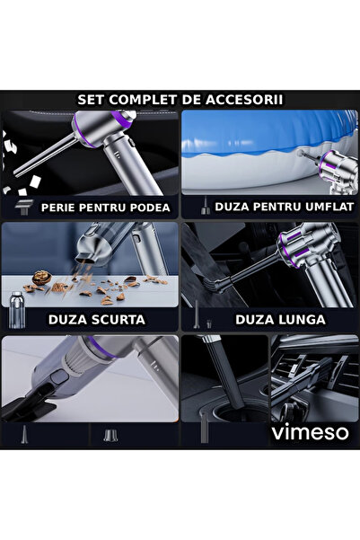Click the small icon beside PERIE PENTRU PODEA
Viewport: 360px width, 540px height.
click(x=19, y=207)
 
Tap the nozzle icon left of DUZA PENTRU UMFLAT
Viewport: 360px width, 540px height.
click(x=198, y=206)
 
